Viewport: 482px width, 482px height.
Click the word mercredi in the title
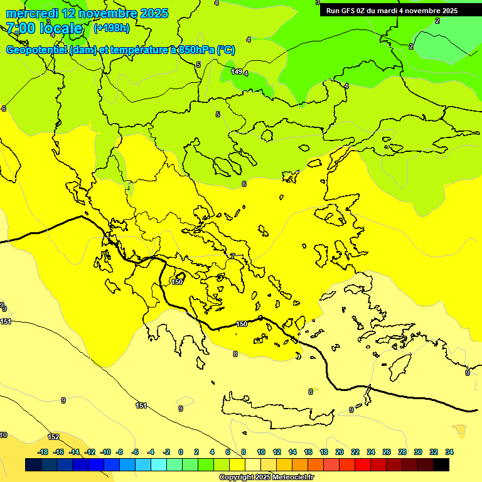(x=33, y=13)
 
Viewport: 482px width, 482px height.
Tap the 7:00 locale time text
(x=44, y=28)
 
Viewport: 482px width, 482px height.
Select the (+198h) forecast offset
(x=112, y=28)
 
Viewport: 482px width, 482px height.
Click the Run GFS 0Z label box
(x=392, y=11)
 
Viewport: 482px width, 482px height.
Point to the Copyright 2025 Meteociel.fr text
(x=266, y=477)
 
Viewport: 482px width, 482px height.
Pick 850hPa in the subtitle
(x=194, y=50)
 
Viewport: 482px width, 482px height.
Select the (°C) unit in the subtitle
(x=226, y=50)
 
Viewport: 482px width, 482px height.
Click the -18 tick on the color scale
(x=43, y=452)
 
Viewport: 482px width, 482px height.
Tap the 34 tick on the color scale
(x=449, y=452)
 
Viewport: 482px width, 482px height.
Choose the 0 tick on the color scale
(x=181, y=452)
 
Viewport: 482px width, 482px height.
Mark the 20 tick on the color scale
(x=340, y=452)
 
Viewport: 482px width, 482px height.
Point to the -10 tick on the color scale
(x=105, y=452)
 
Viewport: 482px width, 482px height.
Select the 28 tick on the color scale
(x=402, y=452)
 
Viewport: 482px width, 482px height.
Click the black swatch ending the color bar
(x=441, y=465)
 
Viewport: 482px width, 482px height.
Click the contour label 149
(x=237, y=72)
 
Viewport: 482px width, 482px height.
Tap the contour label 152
(x=54, y=437)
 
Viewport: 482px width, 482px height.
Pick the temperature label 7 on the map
(x=232, y=256)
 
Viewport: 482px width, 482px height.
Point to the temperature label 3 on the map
(x=48, y=22)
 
